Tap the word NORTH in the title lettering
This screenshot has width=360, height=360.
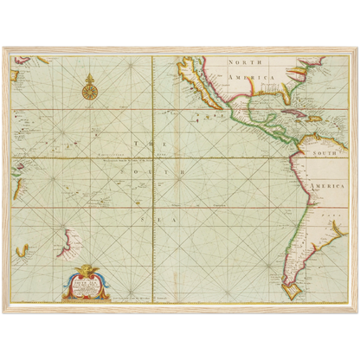coord(246,63)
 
